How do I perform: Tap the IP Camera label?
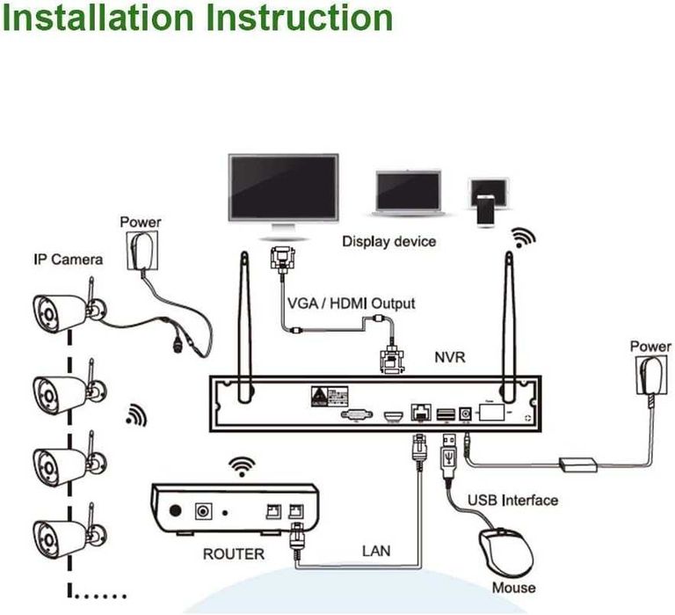tap(68, 259)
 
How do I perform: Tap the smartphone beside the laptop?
tap(487, 202)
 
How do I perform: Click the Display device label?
tap(388, 241)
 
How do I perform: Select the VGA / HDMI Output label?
tap(352, 303)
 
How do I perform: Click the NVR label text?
tap(449, 358)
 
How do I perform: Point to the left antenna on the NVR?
tap(243, 317)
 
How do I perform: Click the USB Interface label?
tap(512, 500)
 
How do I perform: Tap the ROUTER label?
tap(233, 554)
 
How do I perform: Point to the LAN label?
tap(376, 552)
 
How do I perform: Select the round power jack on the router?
tap(207, 510)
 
